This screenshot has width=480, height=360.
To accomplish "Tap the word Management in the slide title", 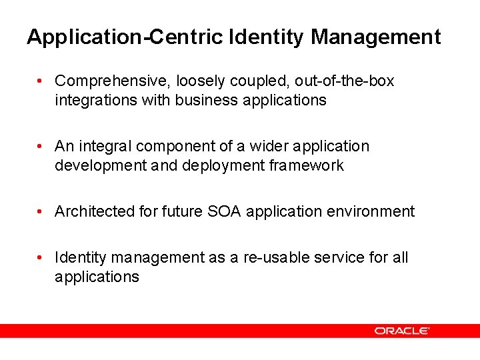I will pos(375,37).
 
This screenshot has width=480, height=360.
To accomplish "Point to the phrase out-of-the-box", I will pos(344,81).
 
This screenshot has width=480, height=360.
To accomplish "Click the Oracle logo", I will pos(401,331).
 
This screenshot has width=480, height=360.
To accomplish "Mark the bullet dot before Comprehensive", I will pos(41,81).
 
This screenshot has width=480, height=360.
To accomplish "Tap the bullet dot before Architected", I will pos(41,211).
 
